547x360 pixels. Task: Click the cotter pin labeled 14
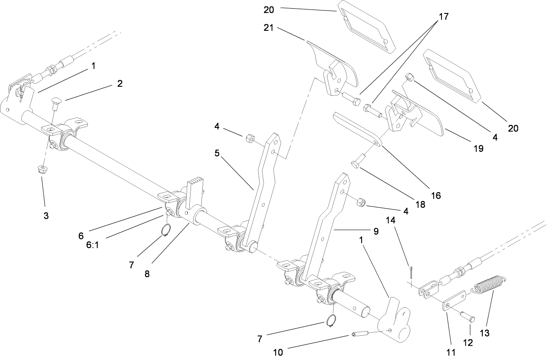click(411, 272)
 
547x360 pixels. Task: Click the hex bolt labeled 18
click(356, 164)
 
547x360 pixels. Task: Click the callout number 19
click(478, 148)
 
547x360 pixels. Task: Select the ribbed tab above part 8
click(195, 188)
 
